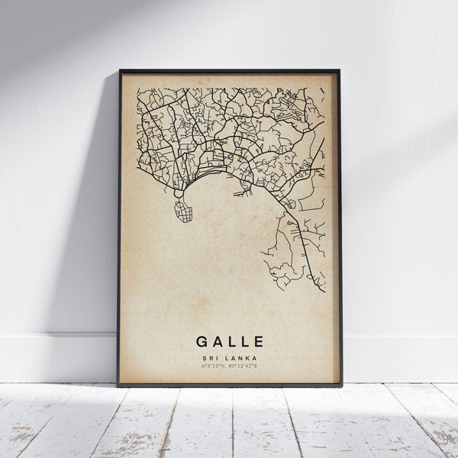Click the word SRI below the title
click(210, 357)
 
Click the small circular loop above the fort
click(179, 194)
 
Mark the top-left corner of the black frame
click(120, 71)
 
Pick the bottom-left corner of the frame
click(119, 385)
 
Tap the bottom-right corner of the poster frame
click(341, 385)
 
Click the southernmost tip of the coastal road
click(324, 291)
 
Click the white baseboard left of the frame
click(53, 358)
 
